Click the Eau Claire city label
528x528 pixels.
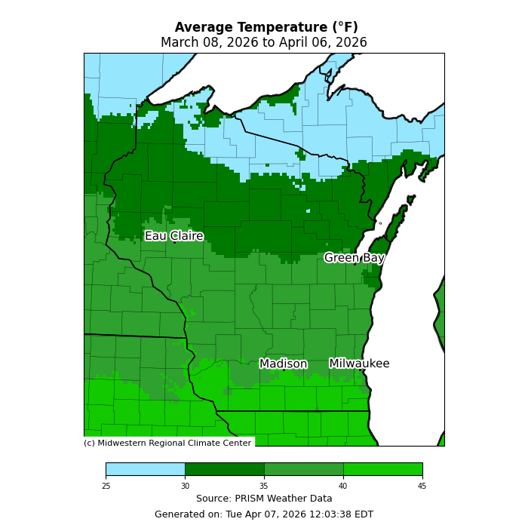(x=174, y=236)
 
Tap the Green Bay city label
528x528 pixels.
(x=355, y=258)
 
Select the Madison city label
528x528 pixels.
(x=284, y=364)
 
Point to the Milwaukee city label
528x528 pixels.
(x=359, y=364)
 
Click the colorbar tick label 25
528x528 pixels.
(x=106, y=486)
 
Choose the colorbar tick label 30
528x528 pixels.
(x=185, y=486)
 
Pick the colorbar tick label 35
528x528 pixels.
(x=264, y=486)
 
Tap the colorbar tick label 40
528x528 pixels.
(x=343, y=486)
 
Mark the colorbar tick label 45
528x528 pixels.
(x=422, y=486)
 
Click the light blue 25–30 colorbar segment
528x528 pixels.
(x=145, y=469)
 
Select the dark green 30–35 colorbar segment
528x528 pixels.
(x=224, y=469)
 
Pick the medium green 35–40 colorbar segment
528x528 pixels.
(x=303, y=469)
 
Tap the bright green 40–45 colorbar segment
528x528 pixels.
(x=382, y=469)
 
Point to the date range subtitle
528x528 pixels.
(x=264, y=43)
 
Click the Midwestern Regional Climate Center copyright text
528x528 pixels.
(x=167, y=443)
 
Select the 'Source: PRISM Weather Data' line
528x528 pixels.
(x=264, y=499)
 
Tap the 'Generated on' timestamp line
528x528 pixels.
(x=264, y=514)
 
